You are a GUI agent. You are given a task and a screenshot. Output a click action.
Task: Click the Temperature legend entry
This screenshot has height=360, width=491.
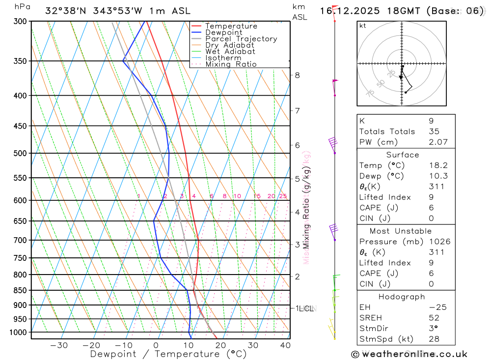coord(231,26)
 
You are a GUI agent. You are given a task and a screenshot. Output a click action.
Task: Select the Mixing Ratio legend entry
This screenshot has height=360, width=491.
coord(231,64)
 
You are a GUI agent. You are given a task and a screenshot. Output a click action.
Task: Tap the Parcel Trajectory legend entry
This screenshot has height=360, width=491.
coord(241,39)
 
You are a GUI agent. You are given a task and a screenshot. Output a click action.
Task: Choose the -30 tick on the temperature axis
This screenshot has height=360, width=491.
coord(59,345)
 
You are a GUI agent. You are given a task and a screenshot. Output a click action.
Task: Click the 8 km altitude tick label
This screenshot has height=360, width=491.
coord(297,75)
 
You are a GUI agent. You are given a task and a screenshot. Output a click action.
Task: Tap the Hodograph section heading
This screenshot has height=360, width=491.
coord(402,297)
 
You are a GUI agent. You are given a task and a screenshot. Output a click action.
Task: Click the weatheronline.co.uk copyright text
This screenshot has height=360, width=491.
coord(409,354)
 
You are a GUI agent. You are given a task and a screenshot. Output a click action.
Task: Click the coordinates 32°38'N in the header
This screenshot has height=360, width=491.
coord(64,11)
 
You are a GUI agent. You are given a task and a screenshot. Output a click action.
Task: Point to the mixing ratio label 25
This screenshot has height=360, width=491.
coord(283,196)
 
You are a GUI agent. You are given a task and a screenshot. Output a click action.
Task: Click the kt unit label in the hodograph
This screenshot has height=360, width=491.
coord(363,26)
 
